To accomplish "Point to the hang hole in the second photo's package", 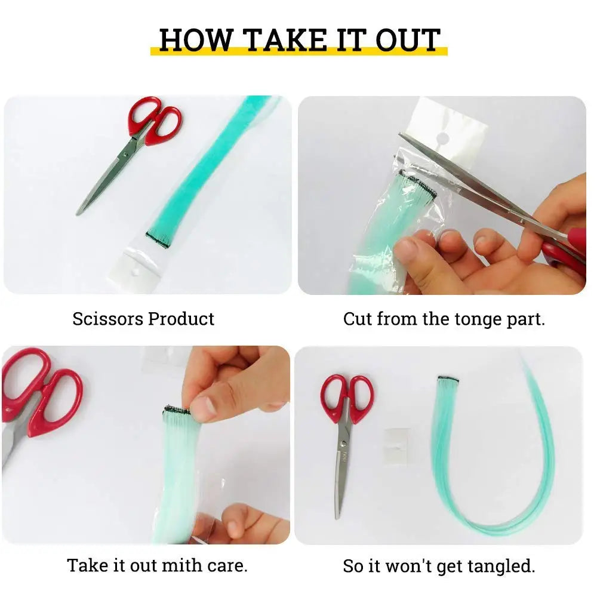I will pos(442,139).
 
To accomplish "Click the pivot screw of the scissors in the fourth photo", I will pos(344,442).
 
